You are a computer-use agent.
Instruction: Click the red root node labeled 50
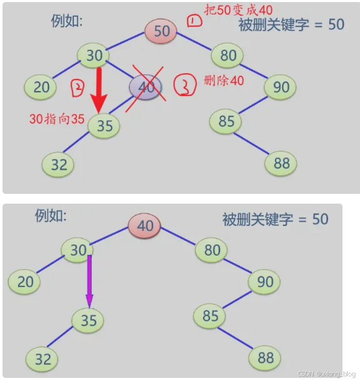(x=160, y=31)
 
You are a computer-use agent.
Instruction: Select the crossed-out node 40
(x=146, y=87)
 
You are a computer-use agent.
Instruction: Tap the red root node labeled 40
(x=145, y=225)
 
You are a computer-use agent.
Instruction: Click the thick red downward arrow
(x=99, y=90)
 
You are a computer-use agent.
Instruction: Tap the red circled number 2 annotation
(x=76, y=89)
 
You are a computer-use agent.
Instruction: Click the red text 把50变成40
(x=238, y=10)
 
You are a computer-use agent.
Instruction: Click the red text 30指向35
(x=57, y=119)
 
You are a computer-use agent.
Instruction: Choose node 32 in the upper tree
(x=59, y=164)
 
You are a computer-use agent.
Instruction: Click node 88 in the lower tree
(x=265, y=358)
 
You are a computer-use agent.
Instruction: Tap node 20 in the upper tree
(x=41, y=87)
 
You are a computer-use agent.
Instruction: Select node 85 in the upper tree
(x=226, y=122)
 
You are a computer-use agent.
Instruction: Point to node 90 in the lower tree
(x=264, y=282)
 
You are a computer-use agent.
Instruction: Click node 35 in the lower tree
(x=88, y=320)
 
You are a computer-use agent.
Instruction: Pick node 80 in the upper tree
(x=227, y=55)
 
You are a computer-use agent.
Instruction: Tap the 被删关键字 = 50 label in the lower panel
(x=275, y=219)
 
